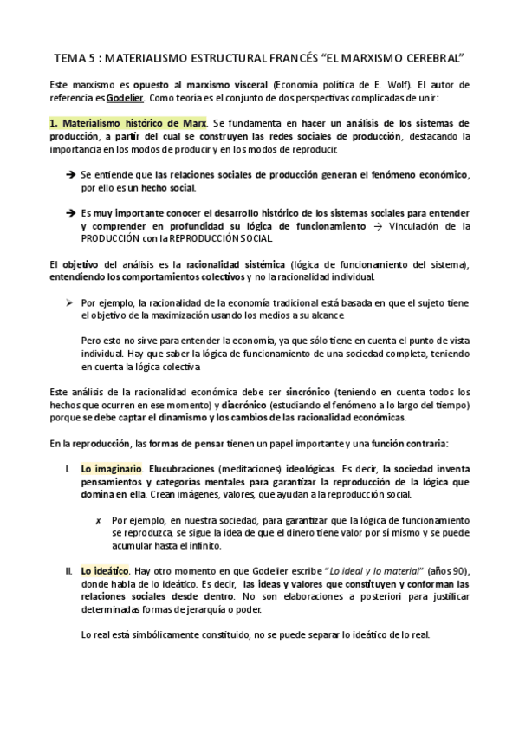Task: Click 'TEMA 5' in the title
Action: tap(74, 59)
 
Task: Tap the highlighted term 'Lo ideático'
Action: tap(105, 571)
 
